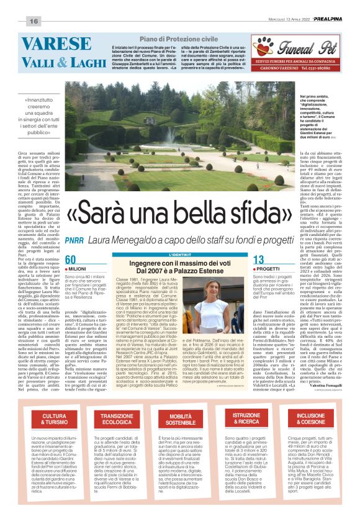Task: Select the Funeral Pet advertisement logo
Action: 289,45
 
